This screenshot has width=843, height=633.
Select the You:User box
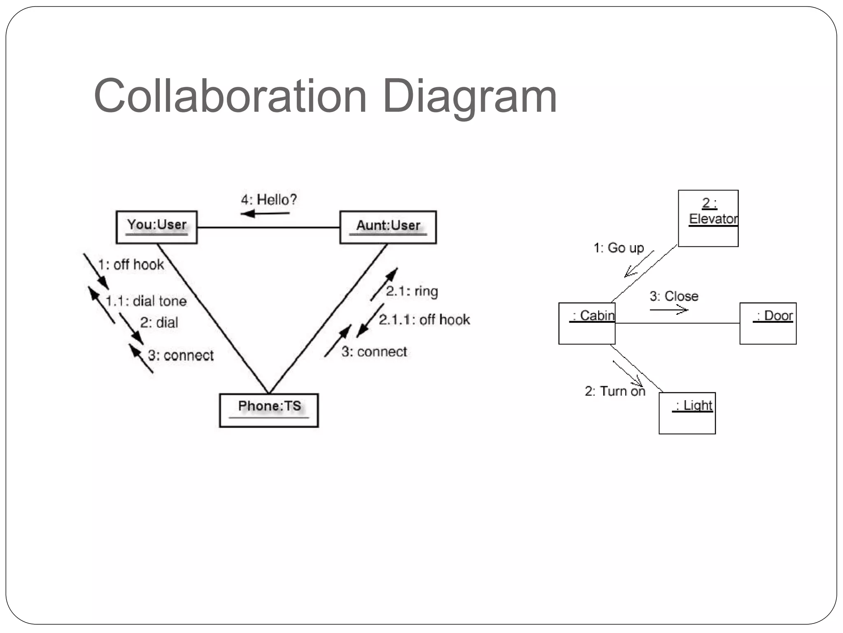156,227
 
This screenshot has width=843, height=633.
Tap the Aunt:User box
388,227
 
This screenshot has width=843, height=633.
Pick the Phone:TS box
269,410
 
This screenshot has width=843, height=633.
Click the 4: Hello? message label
268,200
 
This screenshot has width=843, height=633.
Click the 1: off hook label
131,265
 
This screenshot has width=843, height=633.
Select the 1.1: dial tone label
146,301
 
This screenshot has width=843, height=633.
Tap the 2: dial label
159,322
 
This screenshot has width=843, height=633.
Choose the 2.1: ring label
412,291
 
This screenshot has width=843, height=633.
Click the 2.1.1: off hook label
424,319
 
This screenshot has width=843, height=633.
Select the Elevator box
708,218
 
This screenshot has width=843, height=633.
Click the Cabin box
587,324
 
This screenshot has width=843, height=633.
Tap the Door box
768,324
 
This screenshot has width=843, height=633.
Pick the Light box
687,413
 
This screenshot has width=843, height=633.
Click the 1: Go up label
618,248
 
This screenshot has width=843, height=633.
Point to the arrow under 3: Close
668,310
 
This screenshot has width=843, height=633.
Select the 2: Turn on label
615,391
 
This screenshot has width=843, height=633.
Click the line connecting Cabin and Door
677,323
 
